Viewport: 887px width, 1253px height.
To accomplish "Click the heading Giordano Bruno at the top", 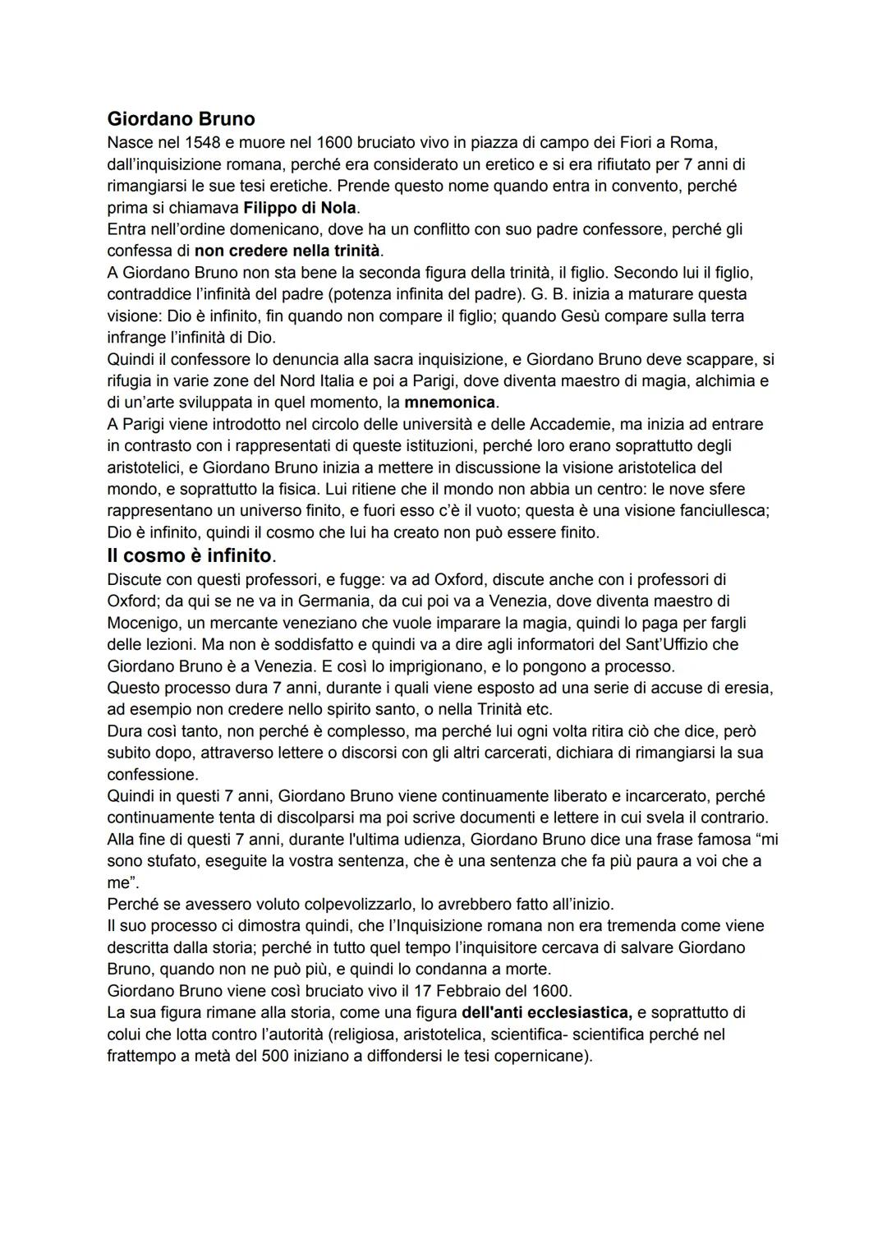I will click(x=181, y=118).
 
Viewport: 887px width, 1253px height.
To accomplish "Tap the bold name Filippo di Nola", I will click(x=301, y=207).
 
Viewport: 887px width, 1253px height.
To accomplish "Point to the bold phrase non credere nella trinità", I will click(x=287, y=250).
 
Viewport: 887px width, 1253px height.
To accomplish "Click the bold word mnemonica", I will click(x=450, y=403).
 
